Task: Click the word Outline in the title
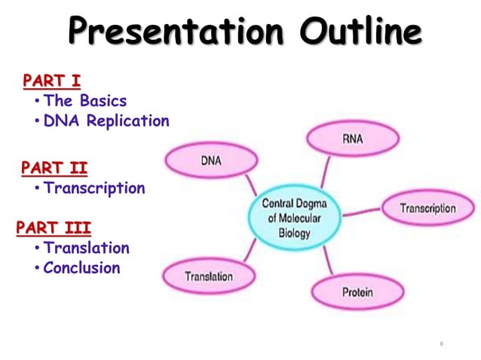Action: click(359, 32)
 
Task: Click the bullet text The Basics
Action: click(85, 101)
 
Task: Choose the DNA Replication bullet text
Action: click(106, 121)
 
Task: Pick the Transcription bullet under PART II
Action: click(94, 188)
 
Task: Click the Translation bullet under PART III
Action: click(87, 248)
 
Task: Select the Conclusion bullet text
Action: click(81, 268)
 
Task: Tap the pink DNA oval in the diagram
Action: click(210, 161)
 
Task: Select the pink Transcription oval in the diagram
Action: click(427, 209)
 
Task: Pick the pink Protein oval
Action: click(357, 292)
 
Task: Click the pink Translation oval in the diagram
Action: click(209, 276)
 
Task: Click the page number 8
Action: click(441, 344)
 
